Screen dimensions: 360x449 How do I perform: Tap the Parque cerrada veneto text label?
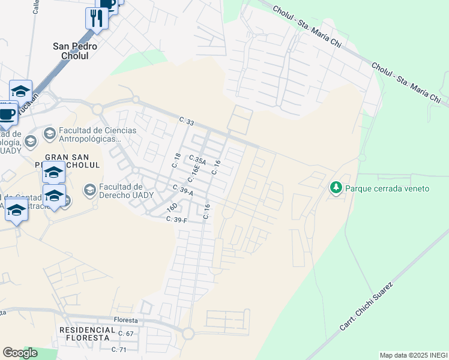coord(387,188)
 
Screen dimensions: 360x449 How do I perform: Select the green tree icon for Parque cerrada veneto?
coord(336,188)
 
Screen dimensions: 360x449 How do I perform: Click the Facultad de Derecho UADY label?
coord(127,191)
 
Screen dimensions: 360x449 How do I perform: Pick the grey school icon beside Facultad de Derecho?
coord(89,191)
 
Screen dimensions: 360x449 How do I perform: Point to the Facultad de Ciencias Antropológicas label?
coord(98,135)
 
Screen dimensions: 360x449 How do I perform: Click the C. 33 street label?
coord(187,122)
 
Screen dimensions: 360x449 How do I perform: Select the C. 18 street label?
coord(176,160)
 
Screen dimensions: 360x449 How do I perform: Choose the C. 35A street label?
coord(197,160)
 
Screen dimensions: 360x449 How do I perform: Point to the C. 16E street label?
coord(193,175)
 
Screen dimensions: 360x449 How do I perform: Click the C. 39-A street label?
coord(182,190)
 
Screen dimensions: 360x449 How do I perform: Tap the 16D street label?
coord(172,208)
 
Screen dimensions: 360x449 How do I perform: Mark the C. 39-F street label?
coord(177,220)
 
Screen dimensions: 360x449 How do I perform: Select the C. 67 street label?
coord(125,334)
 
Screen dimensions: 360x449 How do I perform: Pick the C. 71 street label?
coord(119,349)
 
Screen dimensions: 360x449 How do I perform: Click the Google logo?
coord(20,353)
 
